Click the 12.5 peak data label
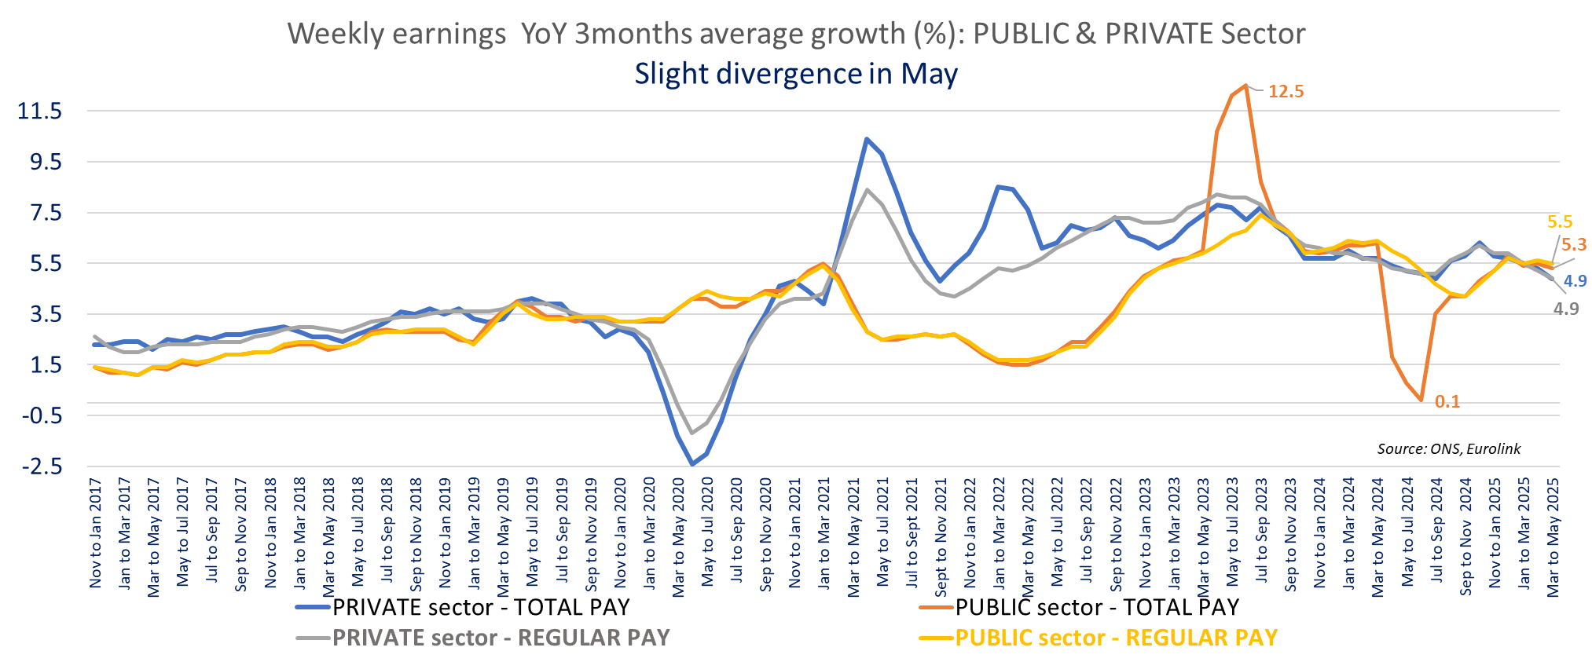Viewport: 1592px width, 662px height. (x=1286, y=91)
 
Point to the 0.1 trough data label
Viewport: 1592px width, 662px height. (x=1447, y=402)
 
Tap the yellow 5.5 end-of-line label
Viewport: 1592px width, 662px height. (x=1560, y=221)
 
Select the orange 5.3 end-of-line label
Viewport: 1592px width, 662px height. (x=1573, y=244)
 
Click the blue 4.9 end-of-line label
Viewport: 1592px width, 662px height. (x=1575, y=281)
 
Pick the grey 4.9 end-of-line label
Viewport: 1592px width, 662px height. (x=1565, y=309)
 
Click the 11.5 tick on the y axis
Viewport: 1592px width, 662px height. (x=39, y=111)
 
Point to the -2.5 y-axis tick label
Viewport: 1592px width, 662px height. (x=42, y=466)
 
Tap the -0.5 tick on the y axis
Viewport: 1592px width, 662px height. (x=42, y=415)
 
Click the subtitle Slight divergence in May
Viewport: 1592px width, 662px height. (x=796, y=74)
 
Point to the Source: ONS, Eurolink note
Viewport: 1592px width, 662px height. (x=1448, y=448)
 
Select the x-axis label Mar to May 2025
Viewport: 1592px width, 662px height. (x=1553, y=537)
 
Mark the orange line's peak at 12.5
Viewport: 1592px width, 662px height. (x=1245, y=86)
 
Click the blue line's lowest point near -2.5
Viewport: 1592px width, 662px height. (x=692, y=464)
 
